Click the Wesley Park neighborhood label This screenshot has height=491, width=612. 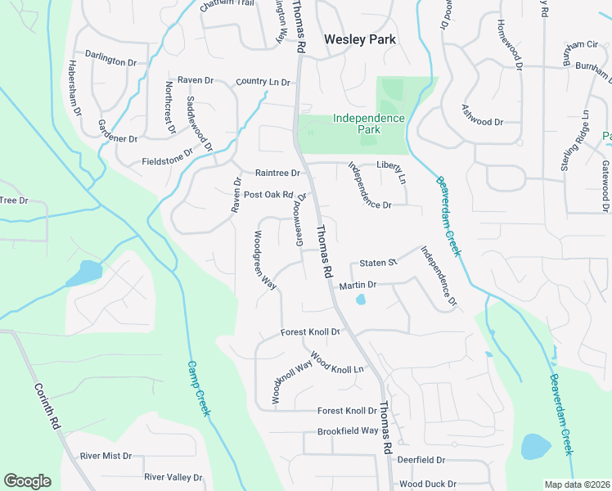360,38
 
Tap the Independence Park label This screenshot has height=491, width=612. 369,124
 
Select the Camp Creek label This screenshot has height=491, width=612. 200,389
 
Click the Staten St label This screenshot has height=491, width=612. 378,263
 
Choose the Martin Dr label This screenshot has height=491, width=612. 357,285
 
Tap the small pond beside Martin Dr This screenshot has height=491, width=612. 360,300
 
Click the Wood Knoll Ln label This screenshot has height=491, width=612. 337,365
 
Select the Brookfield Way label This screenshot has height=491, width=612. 348,430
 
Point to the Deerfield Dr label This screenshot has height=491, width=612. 421,461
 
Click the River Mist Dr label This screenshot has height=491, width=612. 106,456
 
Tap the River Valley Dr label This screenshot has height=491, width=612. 173,477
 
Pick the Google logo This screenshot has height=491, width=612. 27,481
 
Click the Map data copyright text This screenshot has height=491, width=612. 576,484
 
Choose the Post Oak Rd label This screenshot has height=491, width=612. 268,195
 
